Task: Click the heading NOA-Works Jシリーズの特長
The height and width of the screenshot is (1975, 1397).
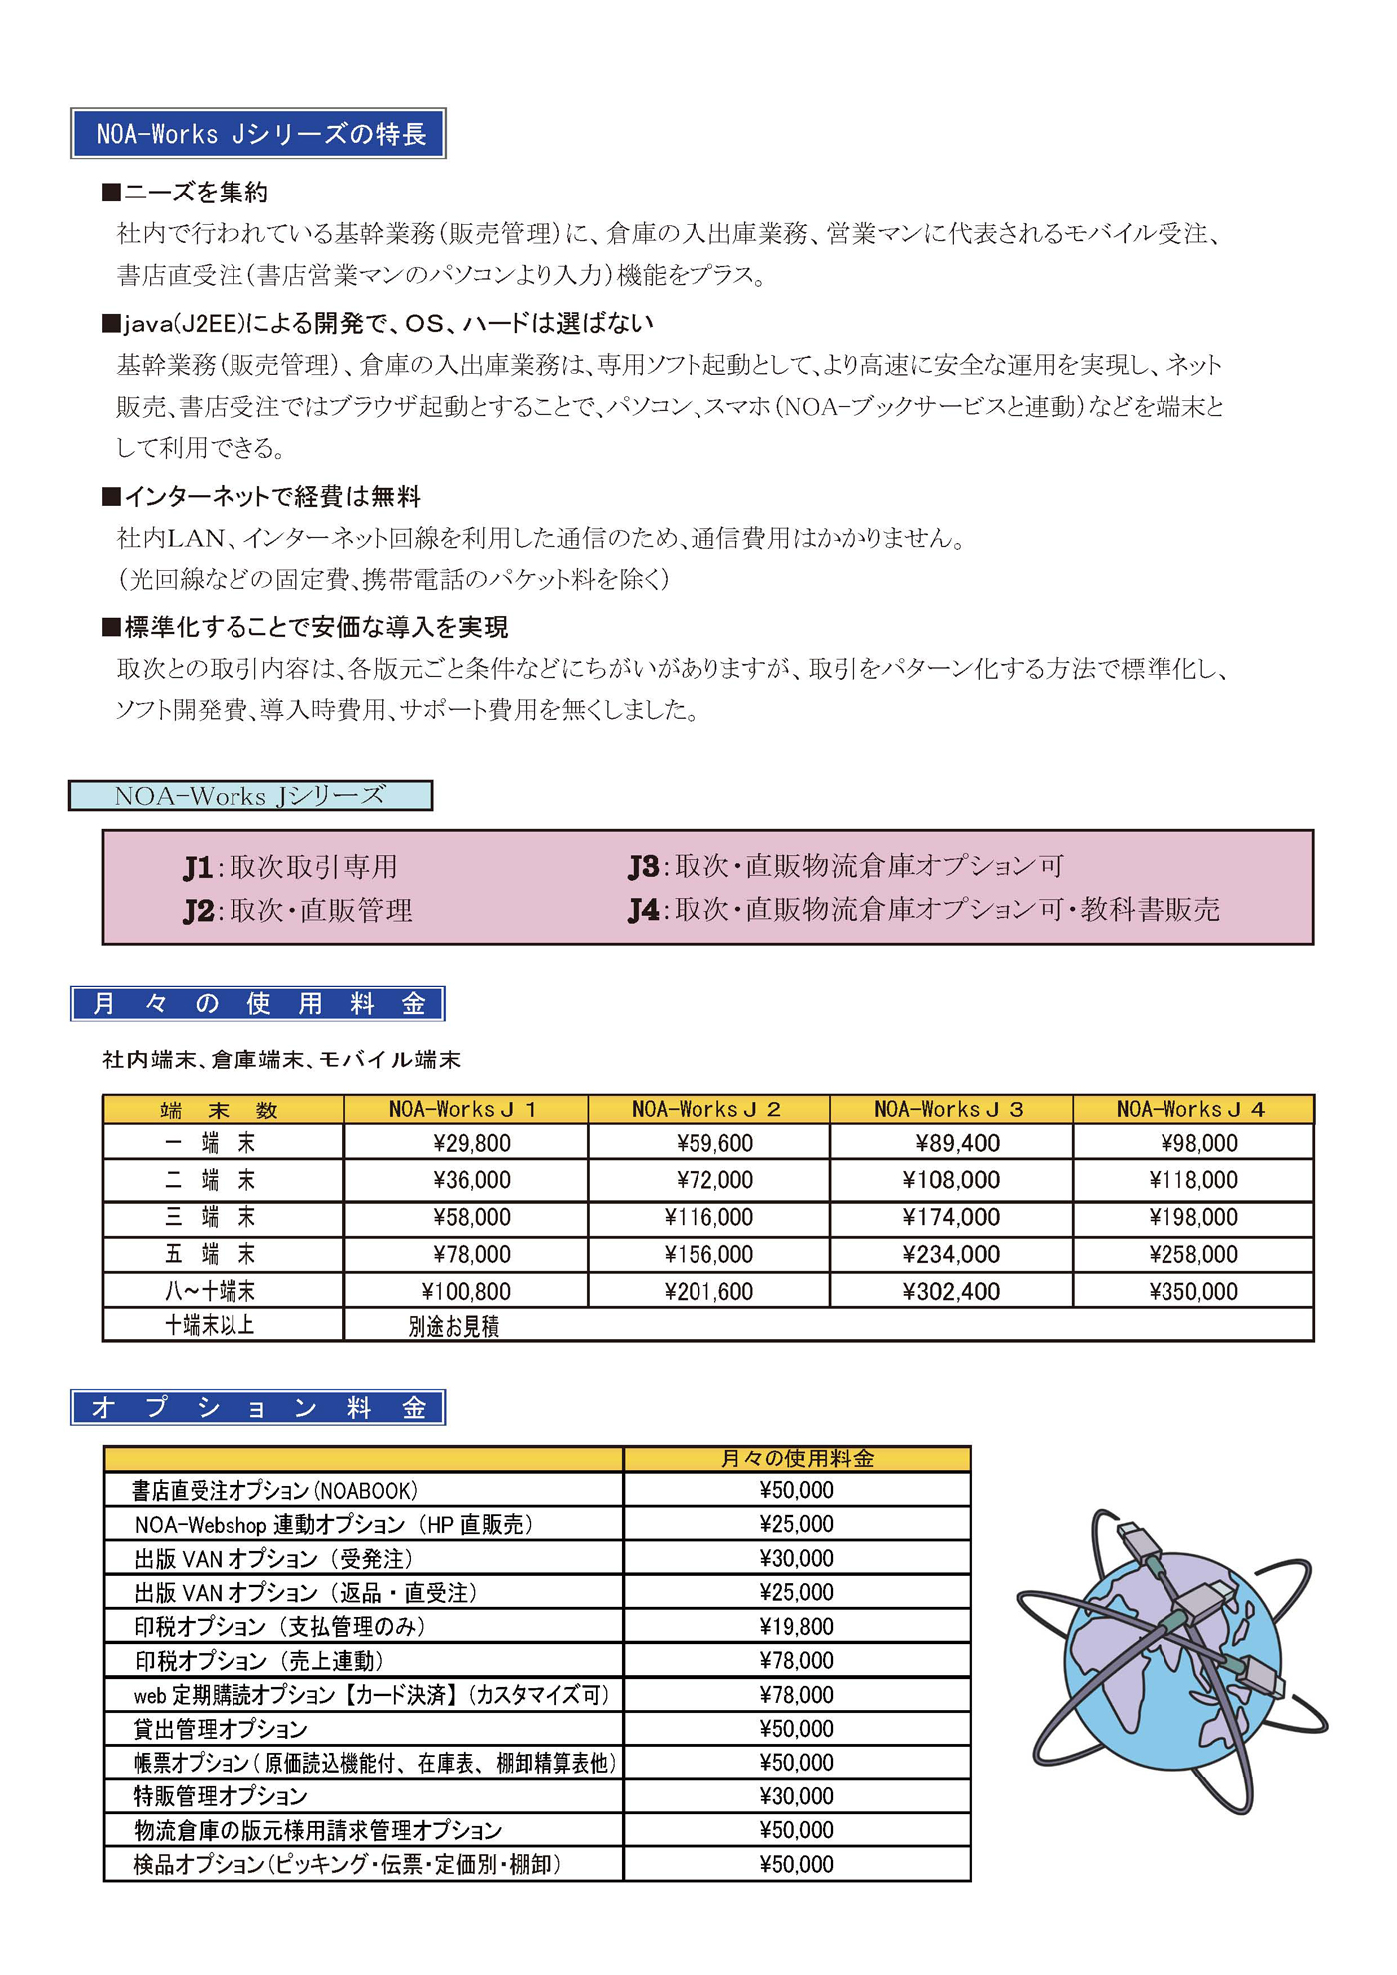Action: point(258,134)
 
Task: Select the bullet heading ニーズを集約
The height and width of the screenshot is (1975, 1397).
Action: point(186,193)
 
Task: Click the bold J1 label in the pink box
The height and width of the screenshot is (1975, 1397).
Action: point(198,868)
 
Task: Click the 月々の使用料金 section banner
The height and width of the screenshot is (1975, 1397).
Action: point(257,1004)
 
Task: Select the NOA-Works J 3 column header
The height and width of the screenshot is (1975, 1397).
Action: point(950,1109)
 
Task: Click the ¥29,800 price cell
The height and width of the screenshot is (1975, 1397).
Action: point(472,1143)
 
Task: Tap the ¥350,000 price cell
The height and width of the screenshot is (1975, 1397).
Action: point(1193,1292)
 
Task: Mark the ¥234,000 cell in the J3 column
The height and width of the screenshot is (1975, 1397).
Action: point(951,1255)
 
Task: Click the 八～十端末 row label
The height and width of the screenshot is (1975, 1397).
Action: point(211,1292)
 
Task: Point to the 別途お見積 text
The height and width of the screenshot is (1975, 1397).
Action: point(454,1326)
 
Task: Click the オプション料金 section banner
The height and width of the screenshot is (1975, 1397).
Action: point(257,1408)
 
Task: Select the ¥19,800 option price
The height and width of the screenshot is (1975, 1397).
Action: point(796,1627)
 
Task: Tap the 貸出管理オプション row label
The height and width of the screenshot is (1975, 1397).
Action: point(222,1729)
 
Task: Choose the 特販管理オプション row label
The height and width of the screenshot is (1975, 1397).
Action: point(222,1796)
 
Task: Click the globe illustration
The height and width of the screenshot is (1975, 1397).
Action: point(1172,1661)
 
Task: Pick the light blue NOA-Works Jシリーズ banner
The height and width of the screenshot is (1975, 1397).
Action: point(250,796)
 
